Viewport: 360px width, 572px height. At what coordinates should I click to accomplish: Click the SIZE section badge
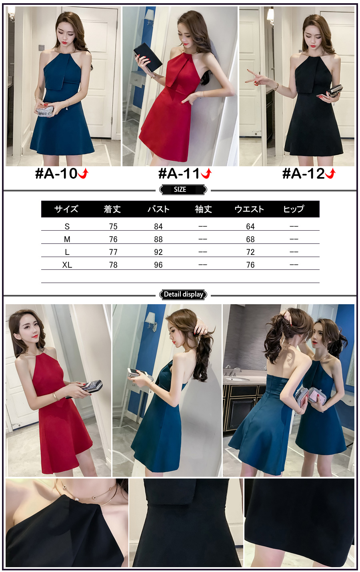tap(183, 189)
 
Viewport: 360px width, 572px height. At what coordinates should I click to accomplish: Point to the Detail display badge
tap(183, 295)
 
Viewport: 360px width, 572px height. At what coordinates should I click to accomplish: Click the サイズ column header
tap(66, 209)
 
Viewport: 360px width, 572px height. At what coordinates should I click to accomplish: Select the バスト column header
tap(158, 209)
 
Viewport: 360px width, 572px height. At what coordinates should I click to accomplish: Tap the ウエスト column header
tap(249, 209)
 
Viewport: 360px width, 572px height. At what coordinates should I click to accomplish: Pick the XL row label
tap(67, 265)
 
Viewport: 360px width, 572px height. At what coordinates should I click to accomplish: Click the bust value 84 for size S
tap(158, 227)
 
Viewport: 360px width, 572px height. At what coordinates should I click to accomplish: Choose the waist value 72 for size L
tap(250, 252)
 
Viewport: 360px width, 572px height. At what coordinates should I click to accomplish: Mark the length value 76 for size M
tap(113, 239)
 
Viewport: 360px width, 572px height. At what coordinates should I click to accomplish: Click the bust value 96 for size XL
tap(158, 265)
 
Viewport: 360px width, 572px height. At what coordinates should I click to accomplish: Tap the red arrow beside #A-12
tap(331, 173)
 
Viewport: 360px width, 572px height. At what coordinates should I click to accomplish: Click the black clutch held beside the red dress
tap(148, 58)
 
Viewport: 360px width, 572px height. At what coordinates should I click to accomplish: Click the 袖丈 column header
tap(203, 209)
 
